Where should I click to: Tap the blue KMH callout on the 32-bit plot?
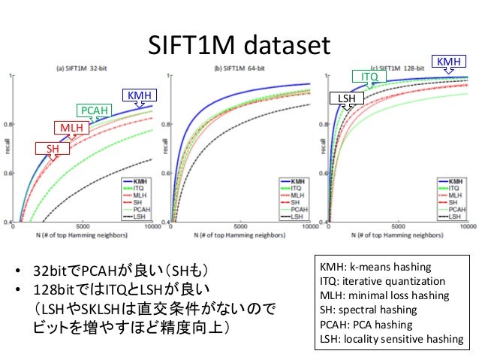138,95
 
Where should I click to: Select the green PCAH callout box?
95,111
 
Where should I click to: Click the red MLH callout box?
71,129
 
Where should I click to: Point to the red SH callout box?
53,149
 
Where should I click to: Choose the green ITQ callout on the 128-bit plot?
369,77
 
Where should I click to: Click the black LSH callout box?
347,98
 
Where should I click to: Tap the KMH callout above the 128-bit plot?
448,61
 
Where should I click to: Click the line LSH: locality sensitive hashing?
392,339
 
